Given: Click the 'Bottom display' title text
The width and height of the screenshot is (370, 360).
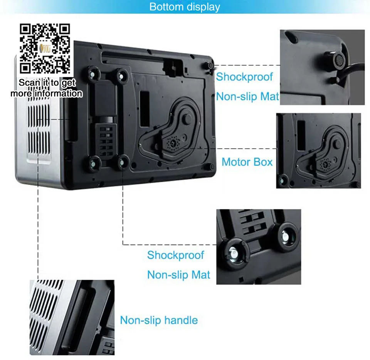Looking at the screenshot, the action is tap(185, 7).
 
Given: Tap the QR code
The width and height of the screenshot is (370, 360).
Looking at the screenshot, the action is tap(45, 48).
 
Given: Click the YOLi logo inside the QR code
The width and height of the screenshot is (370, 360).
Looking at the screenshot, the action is tap(45, 48).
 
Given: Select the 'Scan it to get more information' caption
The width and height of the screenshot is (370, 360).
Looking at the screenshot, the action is tap(47, 88).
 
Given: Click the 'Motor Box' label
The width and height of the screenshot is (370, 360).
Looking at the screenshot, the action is tap(247, 162).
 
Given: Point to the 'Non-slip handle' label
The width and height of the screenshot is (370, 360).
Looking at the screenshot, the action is tap(159, 320).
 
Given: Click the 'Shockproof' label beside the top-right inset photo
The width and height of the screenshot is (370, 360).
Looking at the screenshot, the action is tap(244, 77).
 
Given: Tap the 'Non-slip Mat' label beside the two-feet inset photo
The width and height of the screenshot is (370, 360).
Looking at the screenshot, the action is tap(178, 275).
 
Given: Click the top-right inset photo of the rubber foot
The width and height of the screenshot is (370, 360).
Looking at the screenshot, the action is tap(322, 67).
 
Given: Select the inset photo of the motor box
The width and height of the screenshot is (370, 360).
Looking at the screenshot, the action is tap(319, 151).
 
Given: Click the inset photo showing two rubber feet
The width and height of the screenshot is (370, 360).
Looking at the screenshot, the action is tap(259, 247).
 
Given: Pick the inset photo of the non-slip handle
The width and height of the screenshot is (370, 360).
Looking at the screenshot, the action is tap(72, 318).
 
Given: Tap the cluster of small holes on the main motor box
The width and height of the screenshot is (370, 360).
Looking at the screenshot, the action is tap(173, 142).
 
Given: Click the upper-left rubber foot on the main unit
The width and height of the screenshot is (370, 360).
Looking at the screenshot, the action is tap(93, 74).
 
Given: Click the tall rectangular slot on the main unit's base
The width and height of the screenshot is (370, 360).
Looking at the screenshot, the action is tap(145, 109).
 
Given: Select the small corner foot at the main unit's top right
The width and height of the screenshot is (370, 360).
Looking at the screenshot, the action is tap(209, 65).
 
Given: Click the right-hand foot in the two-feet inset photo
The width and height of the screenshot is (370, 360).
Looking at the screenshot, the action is tap(286, 235).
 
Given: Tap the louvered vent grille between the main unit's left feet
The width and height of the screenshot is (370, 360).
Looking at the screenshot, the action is tap(106, 141).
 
